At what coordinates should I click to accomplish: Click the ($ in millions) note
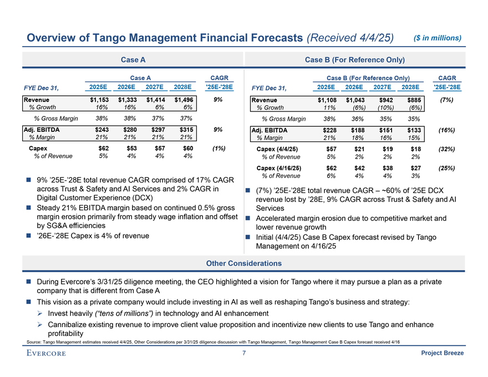pyautogui.click(x=438, y=38)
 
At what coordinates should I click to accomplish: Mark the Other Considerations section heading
pyautogui.click(x=243, y=263)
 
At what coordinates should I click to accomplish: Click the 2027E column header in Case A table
pyautogui.click(x=154, y=87)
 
